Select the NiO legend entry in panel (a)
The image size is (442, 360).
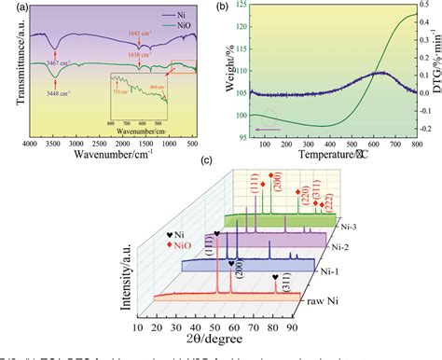183,27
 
